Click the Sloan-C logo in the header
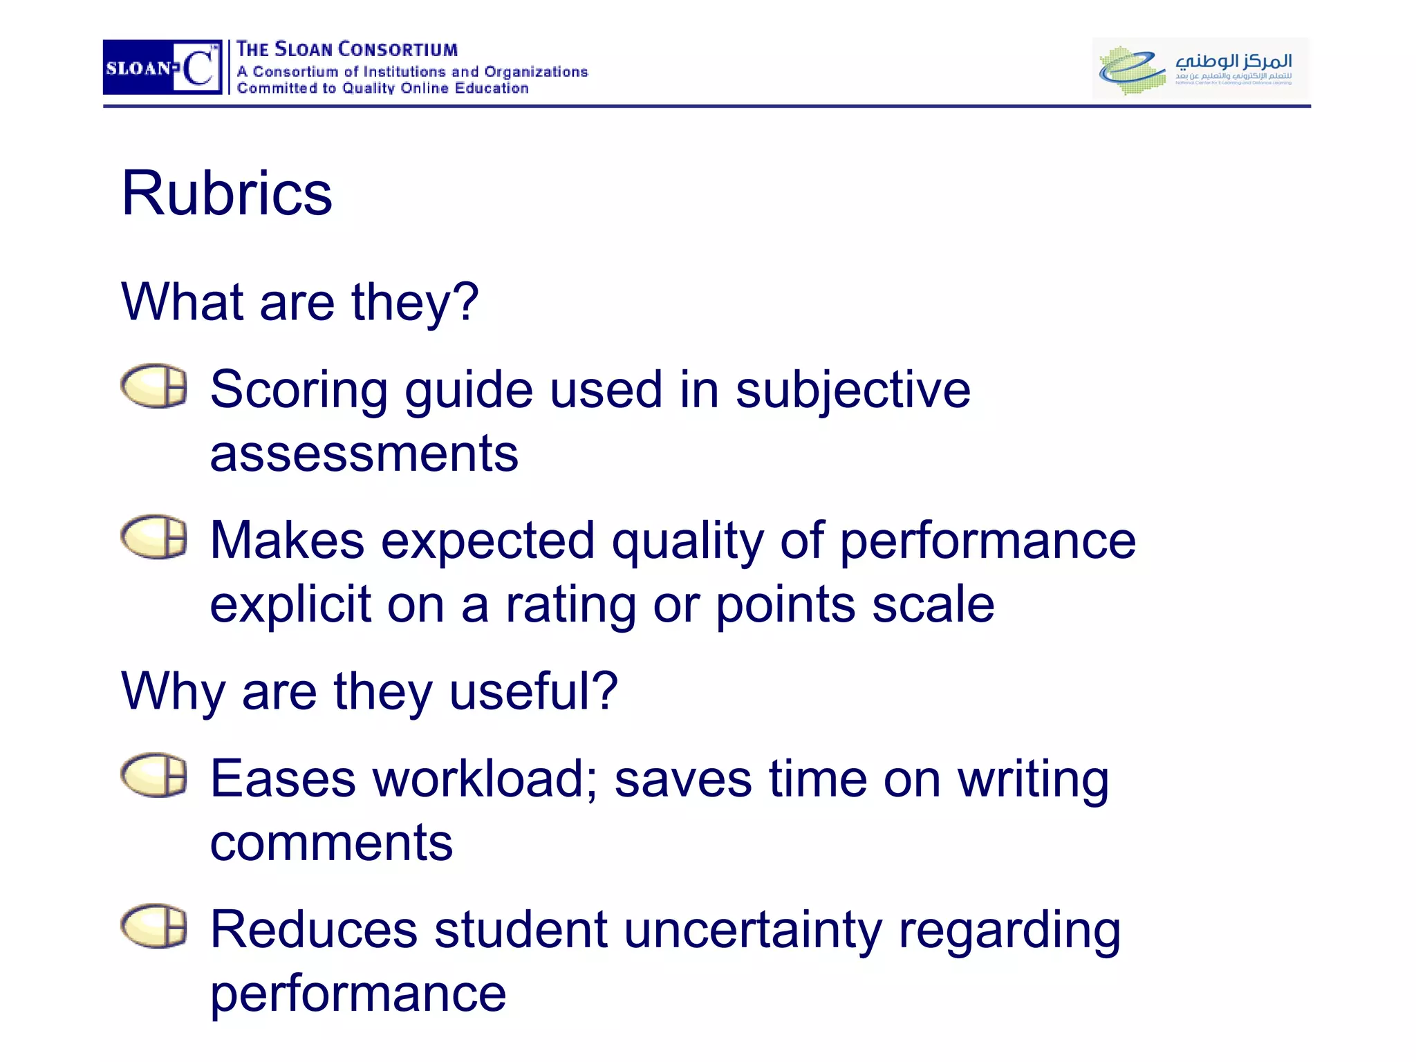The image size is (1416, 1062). point(162,67)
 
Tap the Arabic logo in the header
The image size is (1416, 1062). point(1200,68)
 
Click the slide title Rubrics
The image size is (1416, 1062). point(227,194)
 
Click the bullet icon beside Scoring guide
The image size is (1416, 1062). point(154,386)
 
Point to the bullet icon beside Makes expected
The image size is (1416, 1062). point(154,537)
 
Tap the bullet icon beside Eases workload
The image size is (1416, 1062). point(154,775)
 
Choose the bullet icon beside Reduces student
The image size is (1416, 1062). point(154,926)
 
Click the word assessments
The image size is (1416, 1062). point(364,454)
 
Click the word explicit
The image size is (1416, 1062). point(290,605)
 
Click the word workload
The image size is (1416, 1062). point(485,779)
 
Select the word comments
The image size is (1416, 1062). point(331,844)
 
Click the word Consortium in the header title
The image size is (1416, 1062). point(398,50)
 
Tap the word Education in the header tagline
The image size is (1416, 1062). point(492,88)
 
